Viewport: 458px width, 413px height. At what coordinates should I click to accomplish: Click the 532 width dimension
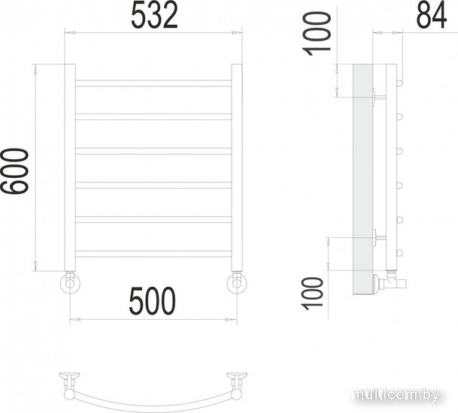click(154, 16)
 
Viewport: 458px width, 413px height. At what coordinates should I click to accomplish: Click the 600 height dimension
click(14, 171)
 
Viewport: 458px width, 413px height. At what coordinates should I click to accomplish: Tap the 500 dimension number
click(152, 300)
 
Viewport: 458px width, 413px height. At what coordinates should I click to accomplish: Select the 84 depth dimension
click(431, 15)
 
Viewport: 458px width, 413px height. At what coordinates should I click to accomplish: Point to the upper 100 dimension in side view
click(317, 34)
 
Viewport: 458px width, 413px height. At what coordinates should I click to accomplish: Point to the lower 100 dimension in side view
click(313, 294)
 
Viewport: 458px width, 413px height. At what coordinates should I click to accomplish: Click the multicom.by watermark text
click(396, 395)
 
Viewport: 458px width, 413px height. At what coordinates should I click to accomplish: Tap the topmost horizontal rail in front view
click(153, 83)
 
